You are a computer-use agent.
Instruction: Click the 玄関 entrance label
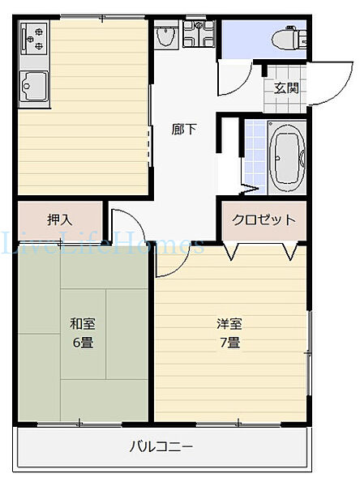[x=286, y=88]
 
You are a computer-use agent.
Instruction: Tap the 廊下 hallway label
[x=184, y=130]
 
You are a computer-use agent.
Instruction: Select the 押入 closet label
[x=59, y=220]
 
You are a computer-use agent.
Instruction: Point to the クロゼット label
[x=264, y=220]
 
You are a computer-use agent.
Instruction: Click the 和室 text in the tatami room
[x=83, y=324]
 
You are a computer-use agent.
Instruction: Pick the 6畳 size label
[x=84, y=342]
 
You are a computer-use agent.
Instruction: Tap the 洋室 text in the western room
[x=229, y=324]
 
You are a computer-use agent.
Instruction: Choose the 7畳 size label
[x=230, y=342]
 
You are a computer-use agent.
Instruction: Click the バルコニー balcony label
[x=161, y=446]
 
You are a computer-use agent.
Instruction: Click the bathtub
[x=287, y=158]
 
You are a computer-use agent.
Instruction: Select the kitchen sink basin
[x=34, y=86]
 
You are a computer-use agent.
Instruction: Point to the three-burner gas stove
[x=34, y=38]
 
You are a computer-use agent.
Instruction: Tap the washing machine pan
[x=199, y=34]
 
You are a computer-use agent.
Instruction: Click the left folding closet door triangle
[x=230, y=252]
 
